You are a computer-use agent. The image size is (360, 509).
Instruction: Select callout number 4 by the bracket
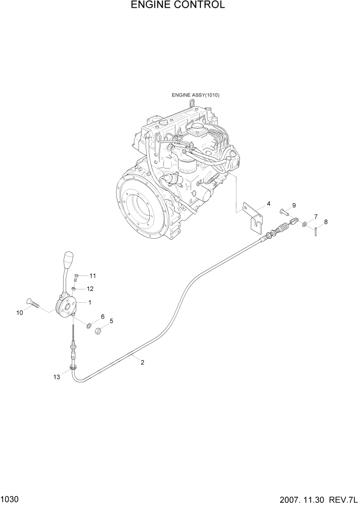(268, 204)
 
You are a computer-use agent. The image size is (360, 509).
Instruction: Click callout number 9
(294, 206)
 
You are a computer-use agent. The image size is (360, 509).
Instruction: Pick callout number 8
(325, 222)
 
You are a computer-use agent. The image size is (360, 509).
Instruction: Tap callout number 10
(20, 312)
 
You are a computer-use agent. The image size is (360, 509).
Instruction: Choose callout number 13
(56, 377)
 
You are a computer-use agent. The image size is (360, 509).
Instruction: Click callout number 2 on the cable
(142, 362)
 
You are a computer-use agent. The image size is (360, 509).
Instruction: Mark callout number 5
(111, 321)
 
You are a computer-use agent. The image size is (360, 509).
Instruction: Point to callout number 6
(103, 317)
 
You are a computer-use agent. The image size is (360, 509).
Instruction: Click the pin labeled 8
(317, 231)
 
